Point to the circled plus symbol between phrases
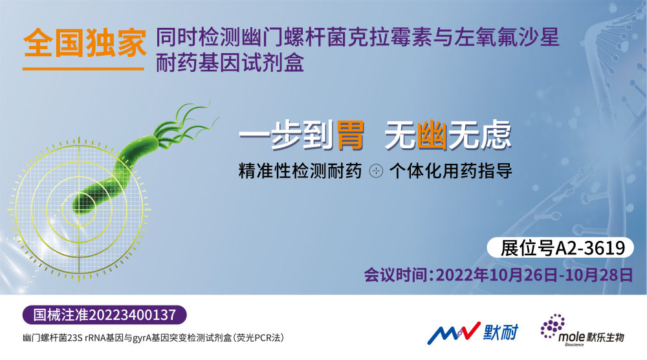[x=377, y=172]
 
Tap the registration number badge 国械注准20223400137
[x=105, y=315]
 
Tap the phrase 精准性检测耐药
[x=299, y=172]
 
